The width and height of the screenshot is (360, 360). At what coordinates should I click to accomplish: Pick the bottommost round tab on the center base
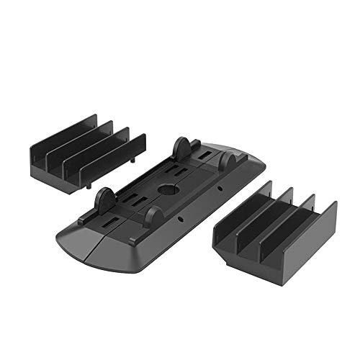[x=152, y=217]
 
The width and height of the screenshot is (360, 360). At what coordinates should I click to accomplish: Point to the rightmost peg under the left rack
[x=89, y=186]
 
